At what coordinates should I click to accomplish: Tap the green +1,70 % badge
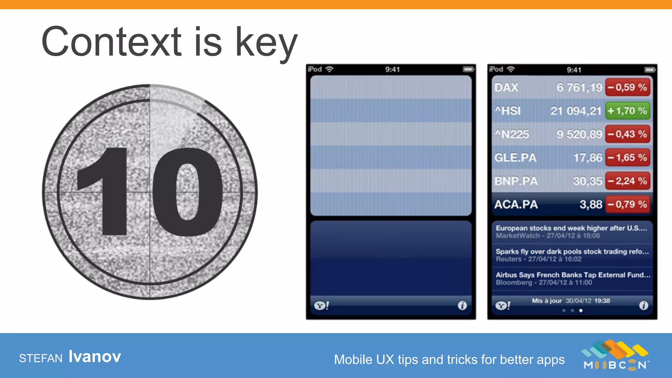coord(627,111)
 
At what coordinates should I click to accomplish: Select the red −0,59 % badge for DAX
coord(627,87)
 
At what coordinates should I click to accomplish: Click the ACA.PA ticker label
coord(516,204)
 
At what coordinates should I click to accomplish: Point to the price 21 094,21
coord(576,111)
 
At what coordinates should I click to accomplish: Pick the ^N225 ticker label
coord(512,134)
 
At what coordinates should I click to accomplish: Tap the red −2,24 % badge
coord(627,181)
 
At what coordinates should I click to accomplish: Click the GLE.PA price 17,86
coord(588,158)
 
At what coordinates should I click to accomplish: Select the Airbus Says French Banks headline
coord(573,275)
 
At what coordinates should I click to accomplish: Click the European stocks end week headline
coord(571,228)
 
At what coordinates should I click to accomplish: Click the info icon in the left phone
coord(462,305)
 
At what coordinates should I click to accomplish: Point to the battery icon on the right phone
coord(650,70)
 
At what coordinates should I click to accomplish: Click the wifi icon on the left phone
coord(329,69)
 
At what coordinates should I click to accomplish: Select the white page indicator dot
coord(581,310)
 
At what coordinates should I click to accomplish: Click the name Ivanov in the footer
coord(95,357)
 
